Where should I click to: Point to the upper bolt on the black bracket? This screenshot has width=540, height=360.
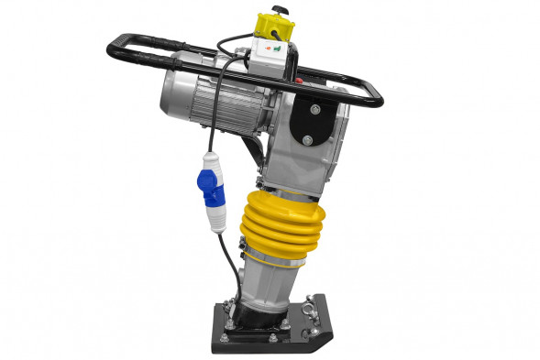(x=315, y=110)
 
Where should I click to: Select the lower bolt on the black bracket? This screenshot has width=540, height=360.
(x=308, y=139)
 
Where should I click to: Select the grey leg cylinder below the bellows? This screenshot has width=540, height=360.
(x=265, y=289)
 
